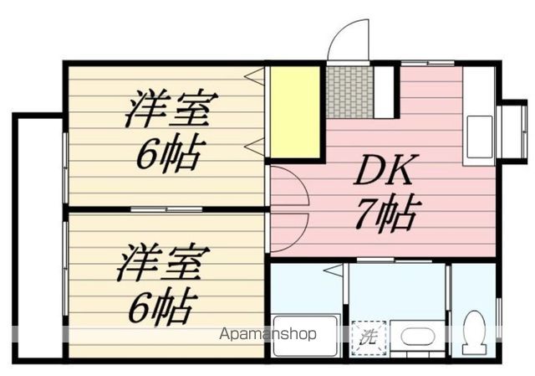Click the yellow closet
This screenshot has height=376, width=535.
coord(295,111)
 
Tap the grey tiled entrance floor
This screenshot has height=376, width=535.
coord(349,92)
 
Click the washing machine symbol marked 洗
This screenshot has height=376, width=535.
coord(369,337)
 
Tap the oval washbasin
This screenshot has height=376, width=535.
coord(417,337)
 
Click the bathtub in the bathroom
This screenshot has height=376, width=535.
coord(306,336)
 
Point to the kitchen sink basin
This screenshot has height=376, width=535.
coord(479,136)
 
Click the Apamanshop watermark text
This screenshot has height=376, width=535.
coord(267,334)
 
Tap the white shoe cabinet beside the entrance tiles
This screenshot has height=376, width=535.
coord(384,92)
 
